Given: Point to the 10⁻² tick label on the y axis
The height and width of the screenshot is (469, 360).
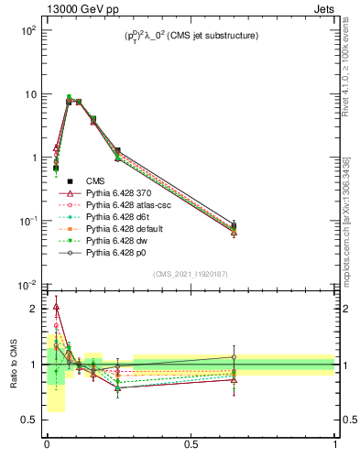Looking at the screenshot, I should (x=28, y=285).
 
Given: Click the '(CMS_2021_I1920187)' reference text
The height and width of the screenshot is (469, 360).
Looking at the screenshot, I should (x=191, y=274).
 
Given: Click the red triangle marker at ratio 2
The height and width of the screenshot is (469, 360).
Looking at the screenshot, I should (x=56, y=308).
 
